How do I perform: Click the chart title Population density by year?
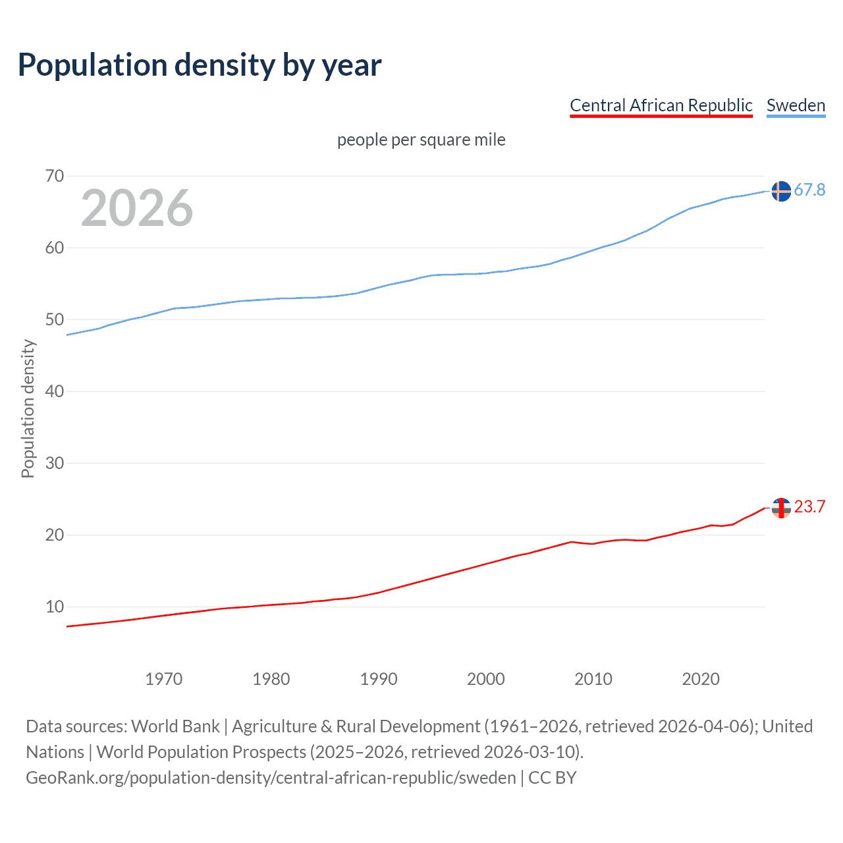tap(200, 65)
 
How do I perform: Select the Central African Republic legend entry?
tap(661, 105)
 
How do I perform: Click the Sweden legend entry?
tap(796, 105)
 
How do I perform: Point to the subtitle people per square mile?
tap(421, 140)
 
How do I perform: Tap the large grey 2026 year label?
tap(137, 208)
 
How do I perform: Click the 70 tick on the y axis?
tap(55, 176)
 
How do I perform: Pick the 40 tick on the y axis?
tap(55, 391)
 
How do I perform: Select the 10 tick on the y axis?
tap(55, 607)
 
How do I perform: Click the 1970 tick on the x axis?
tap(164, 679)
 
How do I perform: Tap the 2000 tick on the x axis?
tap(486, 679)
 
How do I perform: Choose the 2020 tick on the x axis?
tap(701, 679)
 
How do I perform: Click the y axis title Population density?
tap(28, 408)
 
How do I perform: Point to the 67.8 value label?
tap(809, 190)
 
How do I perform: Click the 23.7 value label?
tap(809, 506)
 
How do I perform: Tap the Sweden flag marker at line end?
tap(781, 191)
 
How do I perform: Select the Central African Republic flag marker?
tap(781, 508)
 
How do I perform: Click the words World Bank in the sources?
tap(175, 726)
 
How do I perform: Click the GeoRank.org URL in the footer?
tap(271, 778)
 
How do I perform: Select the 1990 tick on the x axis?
tap(379, 679)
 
